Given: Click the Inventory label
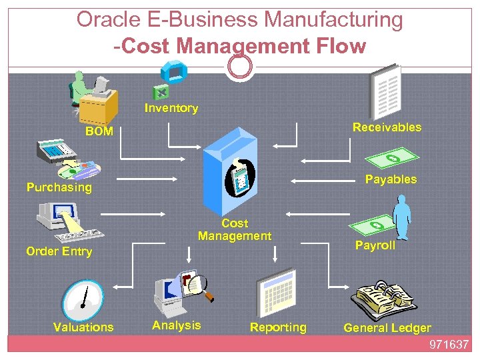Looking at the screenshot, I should tap(171, 108).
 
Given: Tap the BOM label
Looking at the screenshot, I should tap(99, 131).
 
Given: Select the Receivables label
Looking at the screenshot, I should tap(387, 127).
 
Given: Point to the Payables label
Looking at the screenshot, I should tap(391, 179).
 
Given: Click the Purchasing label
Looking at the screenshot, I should tap(59, 187).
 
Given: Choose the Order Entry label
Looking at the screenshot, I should tap(59, 251).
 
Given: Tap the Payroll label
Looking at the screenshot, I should tap(375, 245).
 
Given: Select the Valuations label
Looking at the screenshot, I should tap(83, 327).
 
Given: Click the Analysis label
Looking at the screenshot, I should tap(176, 325).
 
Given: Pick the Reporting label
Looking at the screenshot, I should tap(278, 327).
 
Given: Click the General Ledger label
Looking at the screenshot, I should tap(387, 327).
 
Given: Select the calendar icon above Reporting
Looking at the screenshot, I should tap(275, 292).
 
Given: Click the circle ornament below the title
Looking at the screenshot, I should tap(240, 65).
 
